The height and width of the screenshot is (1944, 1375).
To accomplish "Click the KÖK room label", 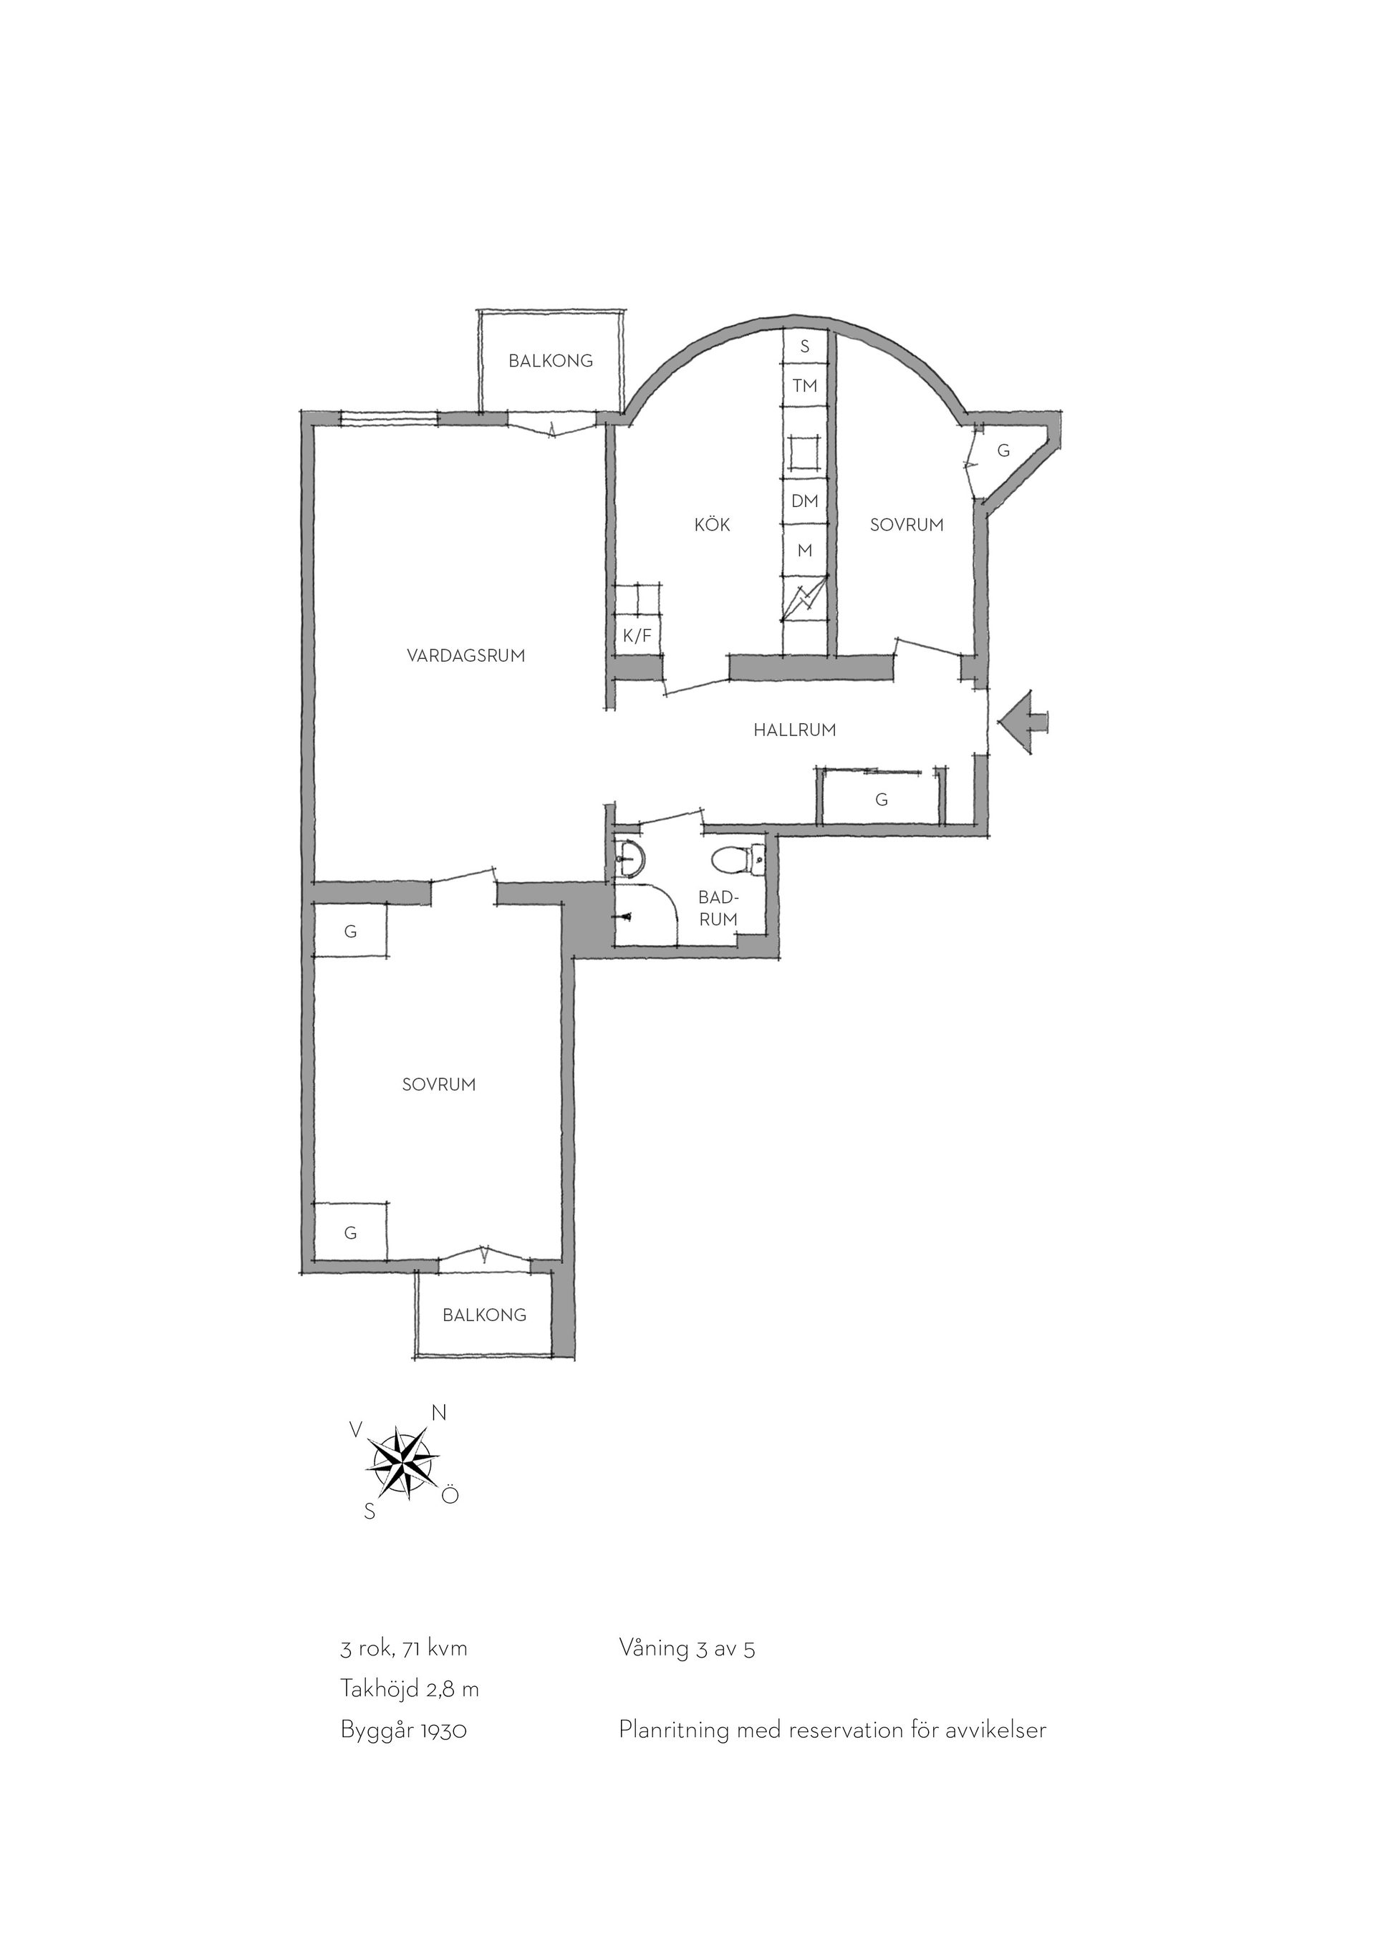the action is pyautogui.click(x=712, y=525).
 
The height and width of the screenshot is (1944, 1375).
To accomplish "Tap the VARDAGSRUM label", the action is pyautogui.click(x=465, y=655).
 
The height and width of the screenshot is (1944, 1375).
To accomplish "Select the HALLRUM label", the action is pyautogui.click(x=794, y=730).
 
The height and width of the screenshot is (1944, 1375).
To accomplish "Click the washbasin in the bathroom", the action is pyautogui.click(x=631, y=859).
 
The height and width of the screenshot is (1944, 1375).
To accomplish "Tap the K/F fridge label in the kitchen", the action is pyautogui.click(x=637, y=636).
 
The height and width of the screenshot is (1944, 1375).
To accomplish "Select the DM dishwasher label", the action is pyautogui.click(x=804, y=501).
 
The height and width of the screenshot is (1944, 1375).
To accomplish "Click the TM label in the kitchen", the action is pyautogui.click(x=804, y=386).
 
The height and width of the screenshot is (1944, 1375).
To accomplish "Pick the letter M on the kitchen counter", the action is pyautogui.click(x=804, y=551).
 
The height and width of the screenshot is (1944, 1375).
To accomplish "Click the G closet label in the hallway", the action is pyautogui.click(x=882, y=799).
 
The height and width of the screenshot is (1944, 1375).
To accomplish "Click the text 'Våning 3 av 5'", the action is pyautogui.click(x=687, y=1672).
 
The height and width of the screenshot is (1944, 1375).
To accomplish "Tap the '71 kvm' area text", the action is pyautogui.click(x=435, y=1672).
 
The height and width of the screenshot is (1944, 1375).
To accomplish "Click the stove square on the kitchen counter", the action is pyautogui.click(x=804, y=451).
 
